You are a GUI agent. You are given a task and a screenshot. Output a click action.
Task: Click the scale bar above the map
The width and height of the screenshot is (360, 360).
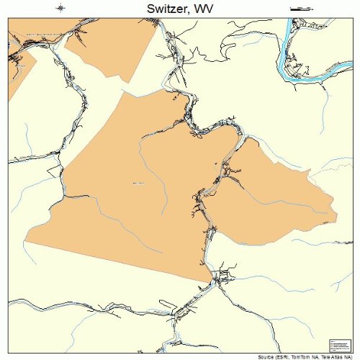pos(297,9)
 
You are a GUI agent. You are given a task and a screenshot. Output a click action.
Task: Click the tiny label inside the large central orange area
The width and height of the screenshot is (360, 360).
pos(138,184)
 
